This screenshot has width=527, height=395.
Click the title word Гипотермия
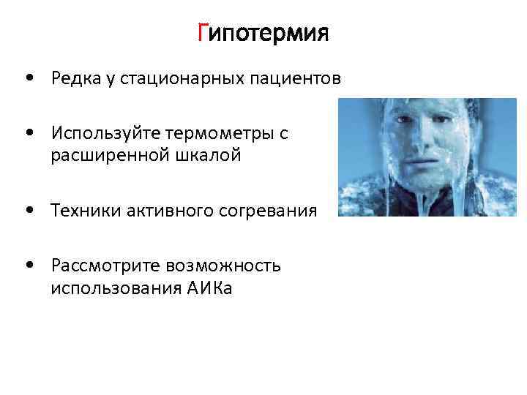click(263, 33)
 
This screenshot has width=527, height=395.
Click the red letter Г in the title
click(203, 33)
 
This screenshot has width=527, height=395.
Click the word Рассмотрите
click(100, 266)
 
